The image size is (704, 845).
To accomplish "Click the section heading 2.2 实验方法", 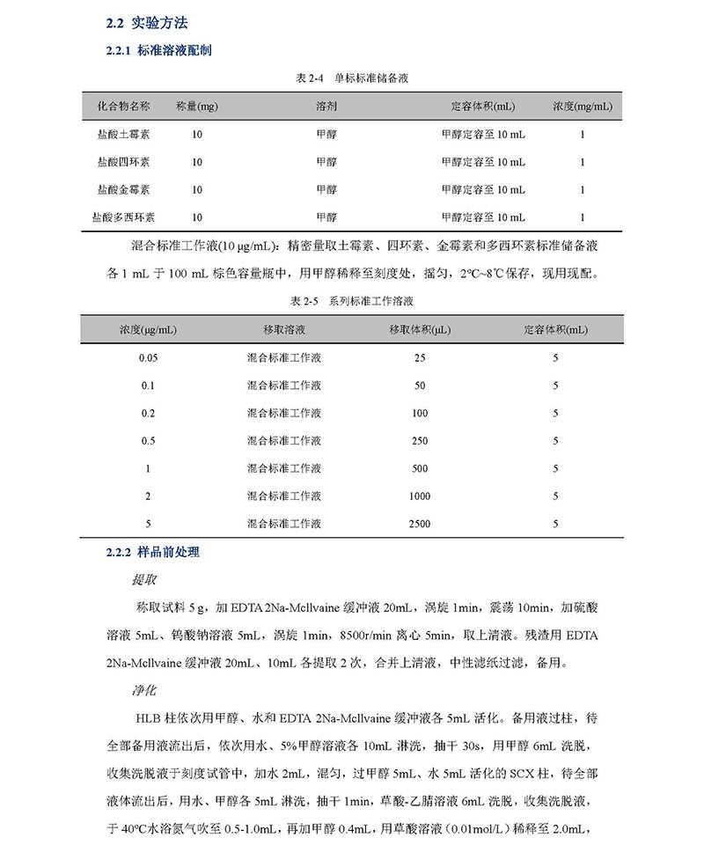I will tap(147, 23).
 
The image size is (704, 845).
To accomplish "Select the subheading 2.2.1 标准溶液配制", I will tap(158, 50).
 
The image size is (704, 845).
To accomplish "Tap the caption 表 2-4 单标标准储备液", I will tap(352, 78).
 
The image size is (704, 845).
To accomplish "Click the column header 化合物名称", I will tap(123, 107).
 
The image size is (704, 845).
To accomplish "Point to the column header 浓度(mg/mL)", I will tap(583, 107).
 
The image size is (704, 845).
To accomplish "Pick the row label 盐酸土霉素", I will tap(123, 135).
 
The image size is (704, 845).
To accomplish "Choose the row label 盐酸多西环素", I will tap(123, 217).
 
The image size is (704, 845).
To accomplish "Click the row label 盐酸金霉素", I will tap(123, 189).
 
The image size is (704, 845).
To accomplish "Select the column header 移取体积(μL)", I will tap(420, 330).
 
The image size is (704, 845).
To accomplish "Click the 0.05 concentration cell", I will tap(148, 358).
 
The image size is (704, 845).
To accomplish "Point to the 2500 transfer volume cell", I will tap(420, 524).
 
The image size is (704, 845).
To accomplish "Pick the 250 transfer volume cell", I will tap(420, 441).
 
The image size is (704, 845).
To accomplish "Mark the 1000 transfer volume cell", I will tap(420, 496).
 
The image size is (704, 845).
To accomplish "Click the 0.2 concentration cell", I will tap(148, 413).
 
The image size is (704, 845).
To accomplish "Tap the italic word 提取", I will tap(144, 580).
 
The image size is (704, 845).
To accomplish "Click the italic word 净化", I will tap(144, 690).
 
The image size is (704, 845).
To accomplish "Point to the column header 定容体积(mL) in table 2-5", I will tap(555, 330).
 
